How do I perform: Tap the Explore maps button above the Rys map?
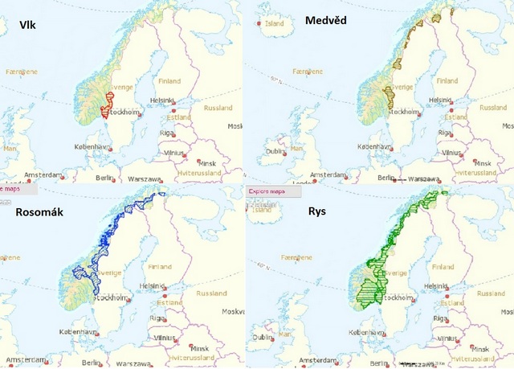(x=267, y=191)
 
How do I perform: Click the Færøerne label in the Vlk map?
(x=22, y=72)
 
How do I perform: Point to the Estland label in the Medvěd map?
(x=456, y=117)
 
